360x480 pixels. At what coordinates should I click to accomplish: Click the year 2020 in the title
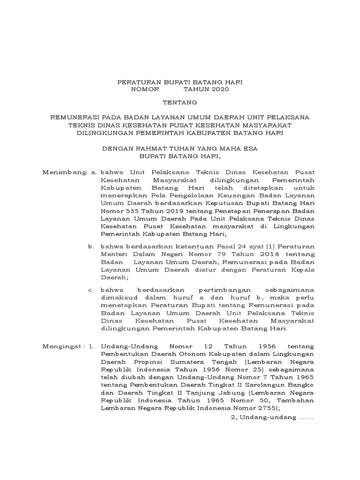click(x=218, y=89)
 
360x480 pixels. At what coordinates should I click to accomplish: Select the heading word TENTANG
click(x=180, y=102)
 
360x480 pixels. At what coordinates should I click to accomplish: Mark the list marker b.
click(x=90, y=246)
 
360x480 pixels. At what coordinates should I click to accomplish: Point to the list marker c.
click(x=90, y=290)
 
